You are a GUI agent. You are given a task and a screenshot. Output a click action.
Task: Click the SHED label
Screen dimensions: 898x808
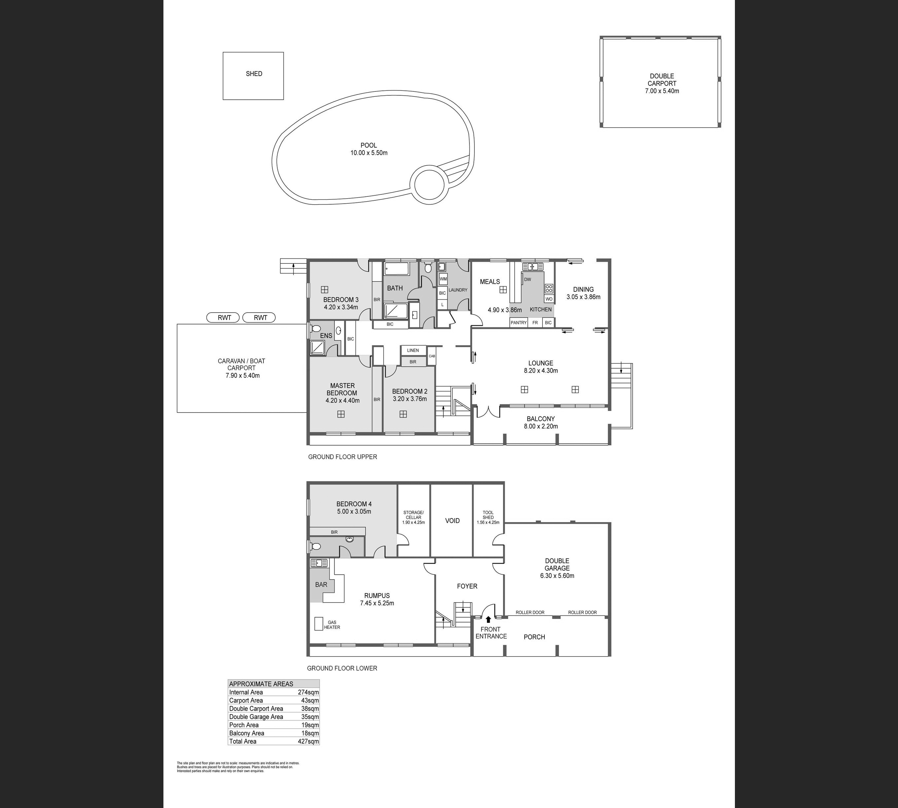pos(254,74)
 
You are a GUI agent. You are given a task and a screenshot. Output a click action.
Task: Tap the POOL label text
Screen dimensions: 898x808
pos(369,145)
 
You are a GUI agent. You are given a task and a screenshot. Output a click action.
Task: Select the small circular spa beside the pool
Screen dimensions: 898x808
pos(429,184)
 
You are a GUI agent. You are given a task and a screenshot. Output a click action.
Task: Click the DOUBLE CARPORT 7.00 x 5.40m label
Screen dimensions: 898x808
pos(662,84)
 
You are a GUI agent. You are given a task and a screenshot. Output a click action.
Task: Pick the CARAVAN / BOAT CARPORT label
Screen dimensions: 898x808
pos(242,368)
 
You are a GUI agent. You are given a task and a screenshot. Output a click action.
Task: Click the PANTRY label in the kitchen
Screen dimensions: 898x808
pos(518,323)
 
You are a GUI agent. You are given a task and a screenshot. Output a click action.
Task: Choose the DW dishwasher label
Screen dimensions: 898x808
pos(528,280)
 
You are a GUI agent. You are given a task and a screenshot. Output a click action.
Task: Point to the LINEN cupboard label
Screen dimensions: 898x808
pos(413,350)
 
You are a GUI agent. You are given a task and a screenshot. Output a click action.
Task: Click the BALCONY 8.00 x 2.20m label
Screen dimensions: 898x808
pos(540,422)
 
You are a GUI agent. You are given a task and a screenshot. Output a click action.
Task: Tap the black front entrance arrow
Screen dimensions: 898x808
pos(489,619)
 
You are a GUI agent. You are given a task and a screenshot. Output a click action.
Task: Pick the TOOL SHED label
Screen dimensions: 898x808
pos(488,515)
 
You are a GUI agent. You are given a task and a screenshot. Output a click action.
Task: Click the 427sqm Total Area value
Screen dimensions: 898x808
pos(308,741)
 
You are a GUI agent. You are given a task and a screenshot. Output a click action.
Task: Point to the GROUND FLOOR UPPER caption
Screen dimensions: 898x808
pos(342,457)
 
